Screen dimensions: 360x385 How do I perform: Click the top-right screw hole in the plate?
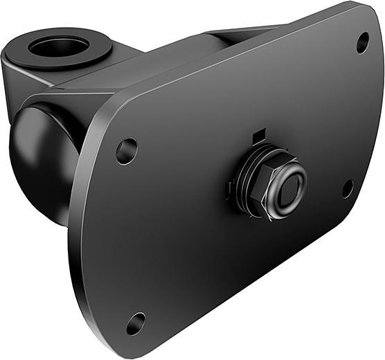tap(362, 43)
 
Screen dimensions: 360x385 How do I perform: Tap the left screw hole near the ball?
tap(126, 151)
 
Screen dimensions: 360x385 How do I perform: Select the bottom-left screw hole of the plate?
tap(136, 323)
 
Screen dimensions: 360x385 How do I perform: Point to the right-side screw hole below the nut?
tap(348, 188)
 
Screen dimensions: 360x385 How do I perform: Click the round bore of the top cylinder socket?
tap(59, 48)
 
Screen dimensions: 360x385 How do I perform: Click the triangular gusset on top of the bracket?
tap(229, 35)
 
